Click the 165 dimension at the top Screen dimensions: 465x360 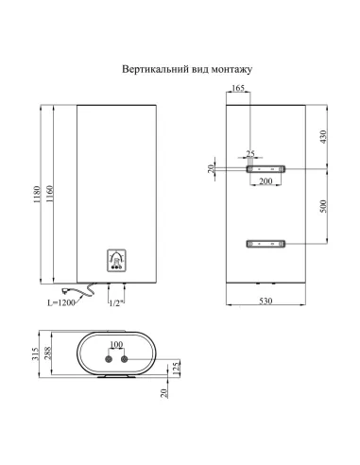[x=238, y=88]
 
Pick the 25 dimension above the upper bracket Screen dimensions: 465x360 [x=250, y=153]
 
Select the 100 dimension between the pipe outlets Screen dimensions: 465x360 [x=117, y=345]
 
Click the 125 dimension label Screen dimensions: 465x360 [x=175, y=365]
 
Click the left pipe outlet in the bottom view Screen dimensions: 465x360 [x=110, y=360]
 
